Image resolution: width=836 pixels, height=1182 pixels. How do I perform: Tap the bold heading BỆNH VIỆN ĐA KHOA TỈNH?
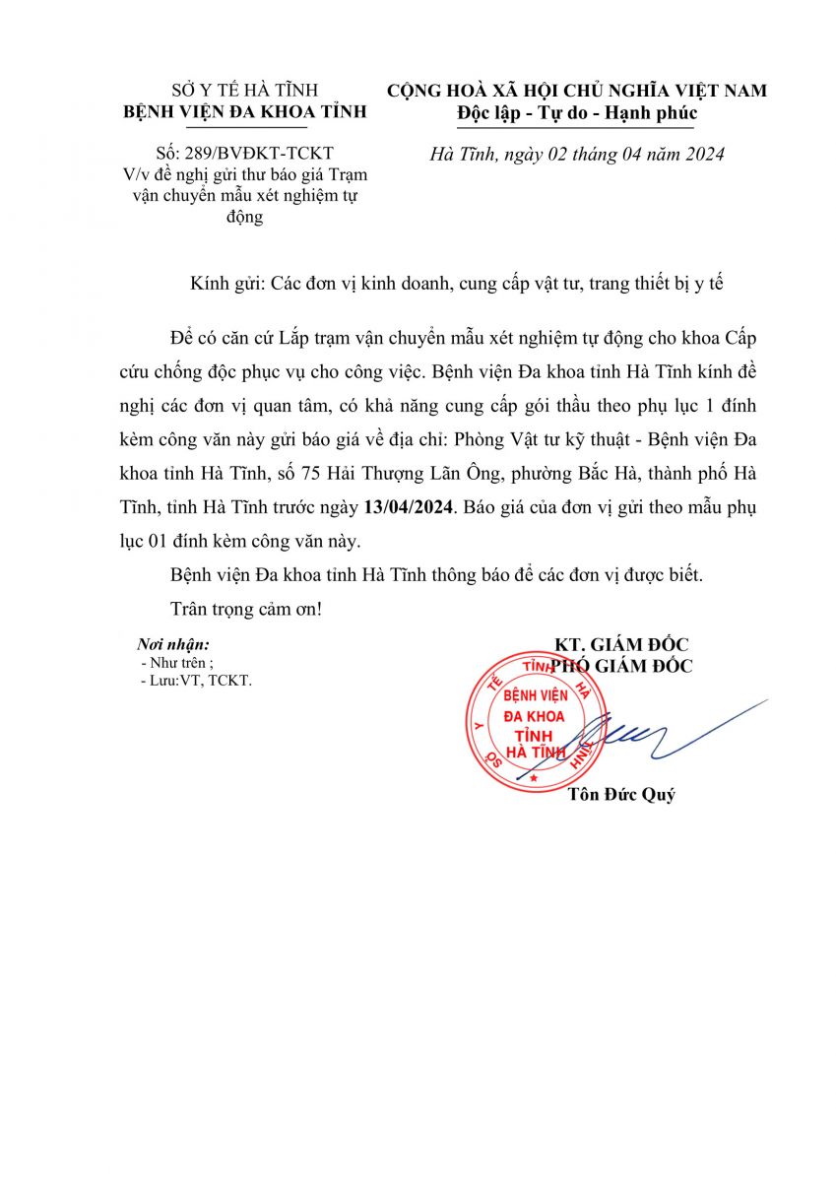tap(244, 112)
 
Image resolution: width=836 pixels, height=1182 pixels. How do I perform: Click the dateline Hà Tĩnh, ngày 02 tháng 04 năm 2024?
tap(578, 155)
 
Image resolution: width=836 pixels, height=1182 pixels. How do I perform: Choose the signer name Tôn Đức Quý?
tap(622, 795)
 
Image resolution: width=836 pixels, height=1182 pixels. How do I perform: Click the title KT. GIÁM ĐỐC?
tap(621, 645)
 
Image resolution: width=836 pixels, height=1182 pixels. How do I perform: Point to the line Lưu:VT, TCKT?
tap(196, 681)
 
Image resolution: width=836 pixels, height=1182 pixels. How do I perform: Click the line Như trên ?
tap(177, 663)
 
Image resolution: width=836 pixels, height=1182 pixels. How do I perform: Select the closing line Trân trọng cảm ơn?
tap(246, 609)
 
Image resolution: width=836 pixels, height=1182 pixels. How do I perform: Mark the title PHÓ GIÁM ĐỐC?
tap(621, 667)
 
